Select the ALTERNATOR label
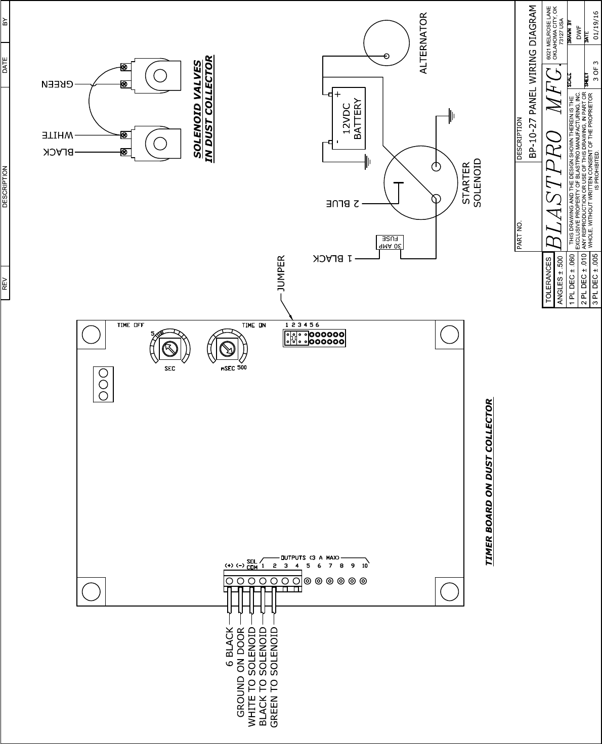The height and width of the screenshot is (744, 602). [423, 43]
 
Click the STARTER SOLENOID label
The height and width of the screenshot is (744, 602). [471, 183]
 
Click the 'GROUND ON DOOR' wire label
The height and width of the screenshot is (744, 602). [241, 672]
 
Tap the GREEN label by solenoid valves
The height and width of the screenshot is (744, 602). [56, 84]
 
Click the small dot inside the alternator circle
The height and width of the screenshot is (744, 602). [386, 56]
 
